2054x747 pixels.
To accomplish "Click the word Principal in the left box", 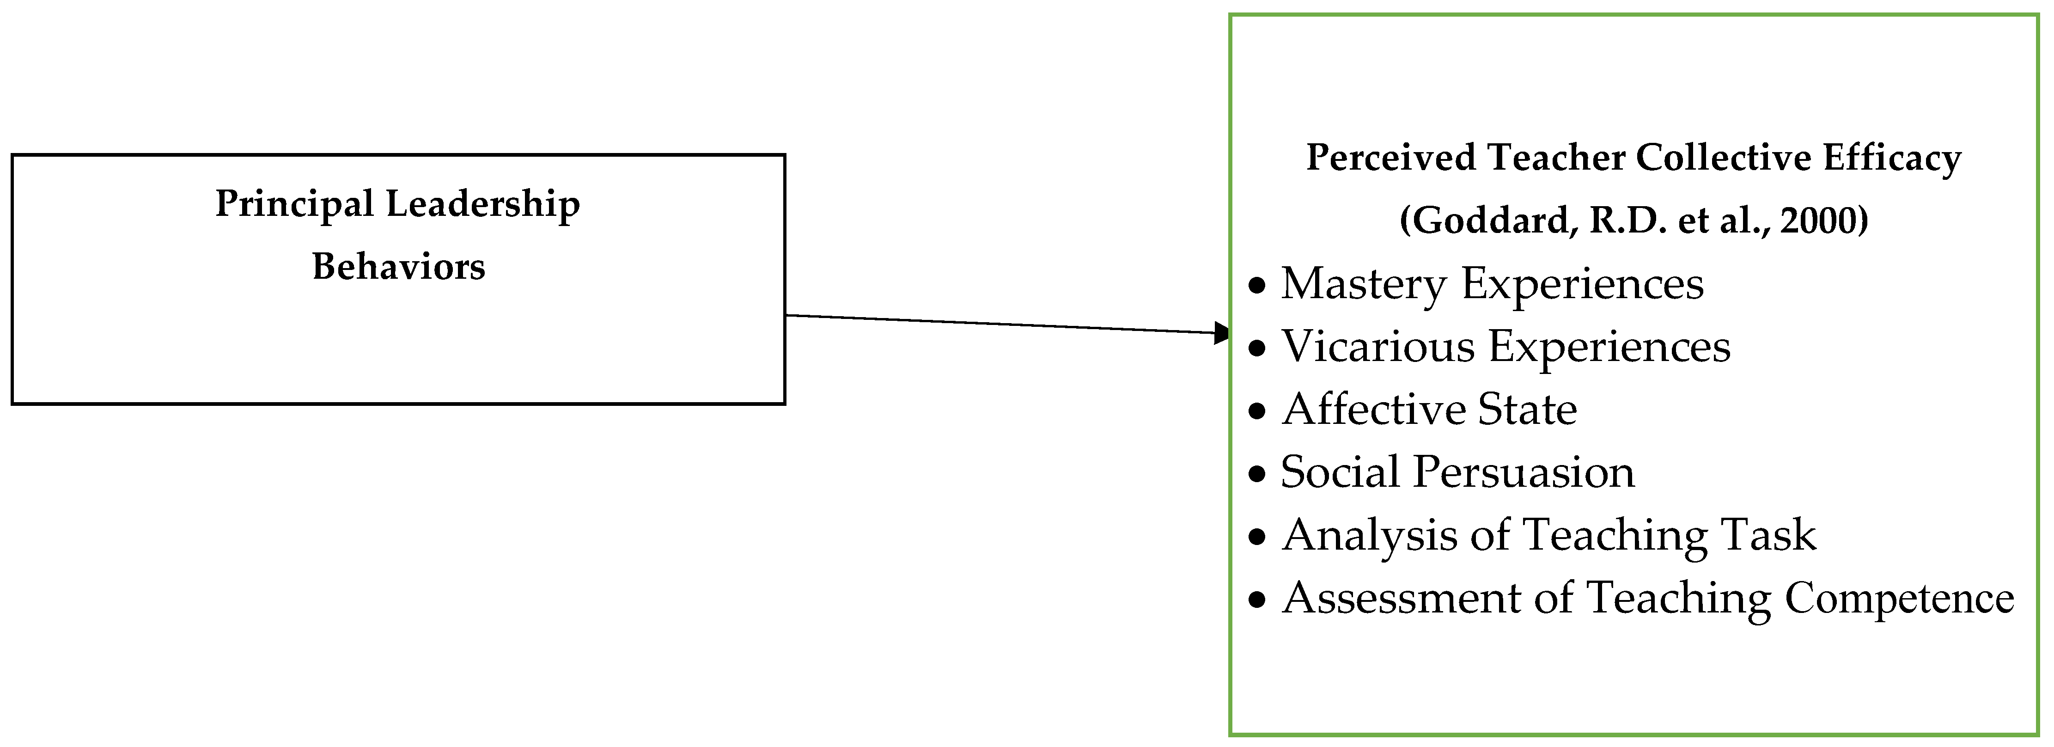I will click(294, 205).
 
